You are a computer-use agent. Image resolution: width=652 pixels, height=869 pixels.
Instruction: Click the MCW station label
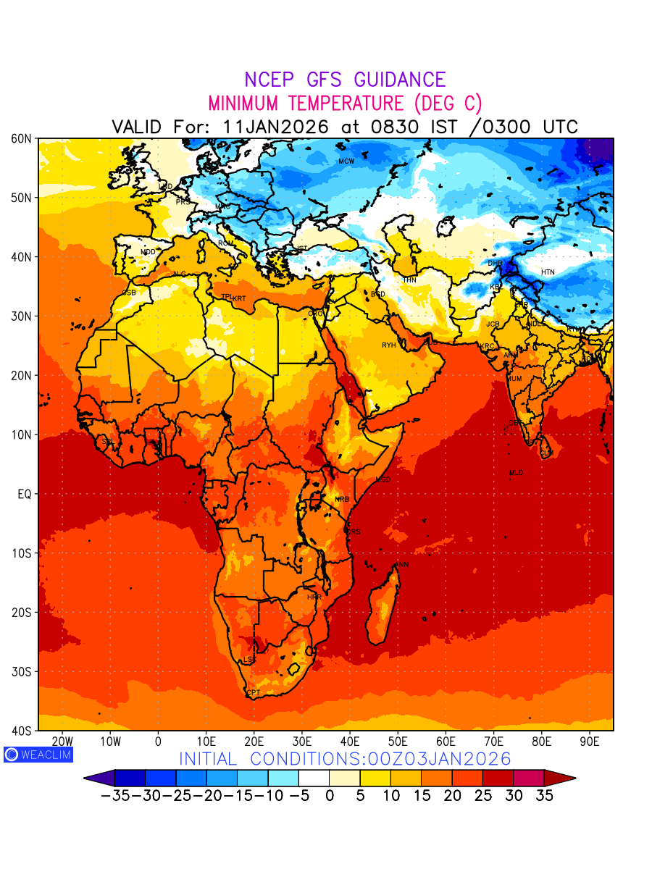point(346,161)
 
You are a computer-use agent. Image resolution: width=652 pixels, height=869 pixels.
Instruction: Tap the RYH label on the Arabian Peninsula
point(389,345)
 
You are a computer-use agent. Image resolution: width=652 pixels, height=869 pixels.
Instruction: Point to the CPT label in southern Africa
point(254,693)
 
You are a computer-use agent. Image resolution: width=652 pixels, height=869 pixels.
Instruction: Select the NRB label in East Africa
point(342,500)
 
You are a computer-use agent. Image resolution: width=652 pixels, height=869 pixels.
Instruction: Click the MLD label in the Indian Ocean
point(516,473)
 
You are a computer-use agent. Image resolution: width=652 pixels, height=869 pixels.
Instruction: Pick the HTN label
point(548,272)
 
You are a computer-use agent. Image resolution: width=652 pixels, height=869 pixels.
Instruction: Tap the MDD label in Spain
point(148,252)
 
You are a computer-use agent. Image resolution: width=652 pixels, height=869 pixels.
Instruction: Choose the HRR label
point(314,597)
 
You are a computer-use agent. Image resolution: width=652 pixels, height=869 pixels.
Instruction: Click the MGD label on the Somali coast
point(383,480)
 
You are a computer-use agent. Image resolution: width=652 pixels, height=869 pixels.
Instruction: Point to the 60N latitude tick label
point(20,138)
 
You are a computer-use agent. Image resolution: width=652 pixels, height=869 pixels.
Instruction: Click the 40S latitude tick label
point(20,731)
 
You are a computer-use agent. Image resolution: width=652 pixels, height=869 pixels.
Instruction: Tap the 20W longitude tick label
point(63,742)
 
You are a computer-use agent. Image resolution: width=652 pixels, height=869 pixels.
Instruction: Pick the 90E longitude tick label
point(590,742)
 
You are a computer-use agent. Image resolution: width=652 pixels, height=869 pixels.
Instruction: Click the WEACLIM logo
point(38,755)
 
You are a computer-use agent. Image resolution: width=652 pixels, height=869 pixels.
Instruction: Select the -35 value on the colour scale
point(115,795)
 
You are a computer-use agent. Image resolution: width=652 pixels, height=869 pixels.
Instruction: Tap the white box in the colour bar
point(314,778)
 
